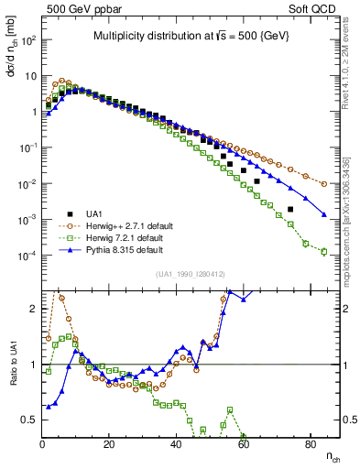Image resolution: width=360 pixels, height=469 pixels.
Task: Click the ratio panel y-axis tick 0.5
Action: click(29, 420)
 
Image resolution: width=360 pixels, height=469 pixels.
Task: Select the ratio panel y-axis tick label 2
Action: click(33, 309)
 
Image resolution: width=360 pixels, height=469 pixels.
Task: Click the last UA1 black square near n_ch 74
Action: click(290, 210)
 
